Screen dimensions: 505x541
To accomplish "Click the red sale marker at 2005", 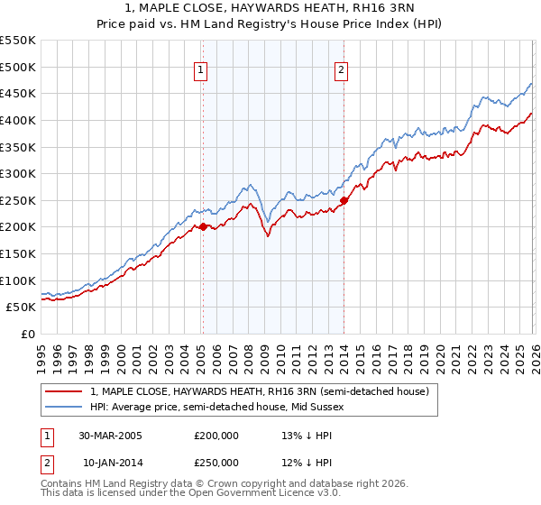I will (203, 227).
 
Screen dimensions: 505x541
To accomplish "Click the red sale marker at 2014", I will (344, 200).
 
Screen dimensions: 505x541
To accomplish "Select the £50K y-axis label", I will (22, 307).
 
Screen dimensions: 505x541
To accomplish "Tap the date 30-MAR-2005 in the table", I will (113, 435).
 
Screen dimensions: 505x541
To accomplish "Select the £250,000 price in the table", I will (216, 462).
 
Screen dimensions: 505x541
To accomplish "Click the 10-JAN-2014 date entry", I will (113, 462).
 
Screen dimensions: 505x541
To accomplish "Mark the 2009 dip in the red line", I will (268, 236).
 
